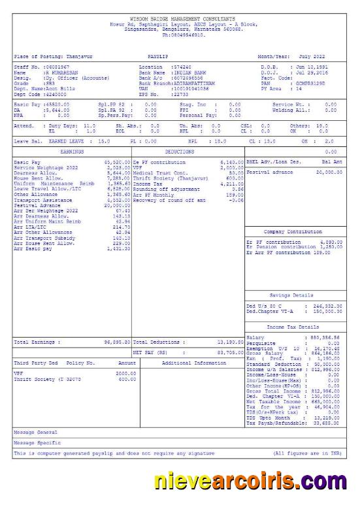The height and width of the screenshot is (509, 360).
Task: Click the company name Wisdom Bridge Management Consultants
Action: coord(183,20)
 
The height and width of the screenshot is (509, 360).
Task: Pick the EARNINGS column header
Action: coord(72,152)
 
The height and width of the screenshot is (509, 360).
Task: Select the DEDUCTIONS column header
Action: coord(188,152)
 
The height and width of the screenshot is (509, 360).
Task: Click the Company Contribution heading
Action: coord(293,232)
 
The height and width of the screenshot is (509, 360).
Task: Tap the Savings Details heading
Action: coord(293,295)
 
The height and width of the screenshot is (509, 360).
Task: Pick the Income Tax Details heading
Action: coord(293,326)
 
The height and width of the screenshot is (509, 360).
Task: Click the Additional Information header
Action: coord(193,362)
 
